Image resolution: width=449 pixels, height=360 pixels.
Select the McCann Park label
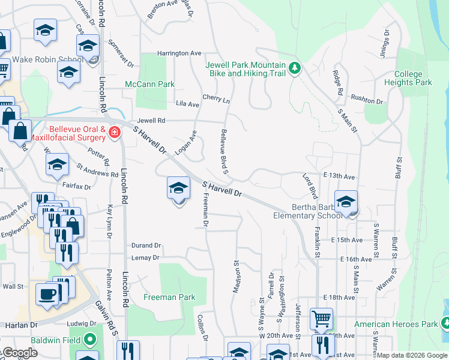coord(149,85)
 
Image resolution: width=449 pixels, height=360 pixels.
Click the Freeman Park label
coord(169,297)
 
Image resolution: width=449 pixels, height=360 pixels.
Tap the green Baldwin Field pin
coord(91,340)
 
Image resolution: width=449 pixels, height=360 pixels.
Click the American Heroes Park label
coord(396,325)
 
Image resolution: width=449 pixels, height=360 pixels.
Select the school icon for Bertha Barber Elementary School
coord(346,202)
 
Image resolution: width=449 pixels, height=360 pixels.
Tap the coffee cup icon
coord(47,295)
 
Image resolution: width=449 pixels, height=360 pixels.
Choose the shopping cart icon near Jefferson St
coord(321,319)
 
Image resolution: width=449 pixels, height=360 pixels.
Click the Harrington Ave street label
coord(179,53)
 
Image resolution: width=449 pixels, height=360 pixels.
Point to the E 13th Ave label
coord(339,177)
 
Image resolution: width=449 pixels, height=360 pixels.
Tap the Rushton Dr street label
coord(366,101)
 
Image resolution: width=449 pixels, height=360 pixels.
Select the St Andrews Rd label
coord(96,170)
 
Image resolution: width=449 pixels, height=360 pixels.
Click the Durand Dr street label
coord(146,245)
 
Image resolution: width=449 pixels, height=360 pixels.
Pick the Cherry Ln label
coord(216,99)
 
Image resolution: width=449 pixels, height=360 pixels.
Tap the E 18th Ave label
coord(339,298)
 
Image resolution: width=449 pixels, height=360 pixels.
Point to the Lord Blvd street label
coord(309,187)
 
